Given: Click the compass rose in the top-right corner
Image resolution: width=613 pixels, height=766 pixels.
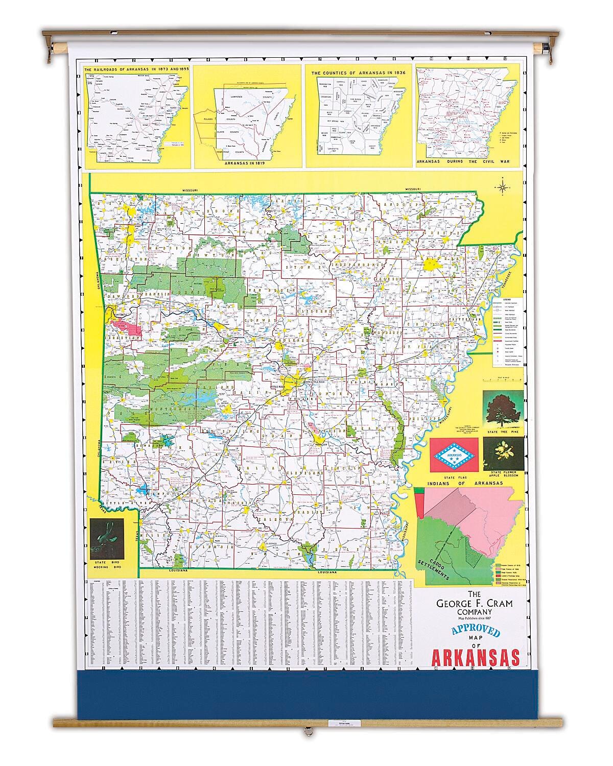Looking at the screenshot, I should point(503,187).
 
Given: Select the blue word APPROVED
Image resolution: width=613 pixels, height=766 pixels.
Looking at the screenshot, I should point(475,631).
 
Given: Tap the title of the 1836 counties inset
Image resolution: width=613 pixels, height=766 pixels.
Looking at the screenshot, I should point(353,73).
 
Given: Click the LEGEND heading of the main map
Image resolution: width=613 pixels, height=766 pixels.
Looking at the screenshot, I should point(505,299).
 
